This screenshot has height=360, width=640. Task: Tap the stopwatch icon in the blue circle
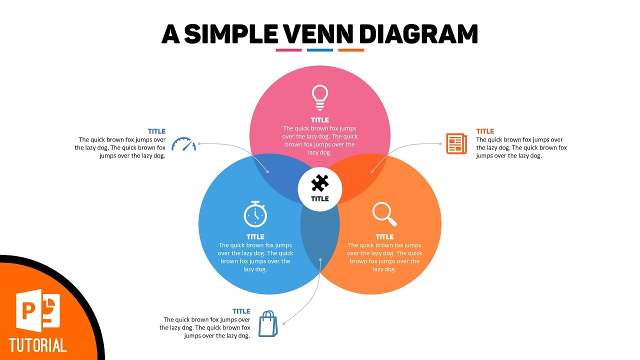click(x=255, y=214)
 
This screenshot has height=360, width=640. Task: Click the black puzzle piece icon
click(x=320, y=183)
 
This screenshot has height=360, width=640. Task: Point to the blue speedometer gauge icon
click(x=183, y=144)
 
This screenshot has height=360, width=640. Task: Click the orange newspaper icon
click(x=456, y=143)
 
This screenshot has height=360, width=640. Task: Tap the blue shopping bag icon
click(x=267, y=323)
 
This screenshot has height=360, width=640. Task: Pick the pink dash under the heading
click(x=288, y=50)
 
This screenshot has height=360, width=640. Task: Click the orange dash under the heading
click(x=351, y=50)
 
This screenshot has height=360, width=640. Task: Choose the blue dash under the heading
click(x=320, y=50)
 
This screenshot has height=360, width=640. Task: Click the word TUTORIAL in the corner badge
click(x=37, y=345)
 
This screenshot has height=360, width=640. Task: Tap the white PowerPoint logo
click(x=38, y=310)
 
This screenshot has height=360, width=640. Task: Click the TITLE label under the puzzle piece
click(x=320, y=198)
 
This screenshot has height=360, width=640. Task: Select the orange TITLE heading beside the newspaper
click(x=485, y=131)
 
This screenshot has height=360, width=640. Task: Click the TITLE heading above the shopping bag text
click(x=241, y=311)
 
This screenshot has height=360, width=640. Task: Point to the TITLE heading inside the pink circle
click(x=320, y=120)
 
